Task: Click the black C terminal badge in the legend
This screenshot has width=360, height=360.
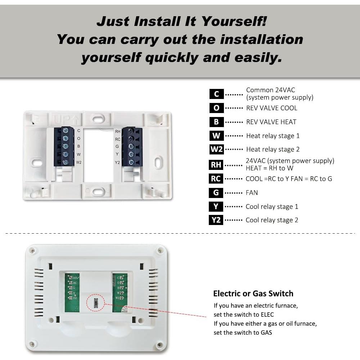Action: (x=216, y=94)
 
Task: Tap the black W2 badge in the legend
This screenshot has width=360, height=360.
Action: (x=216, y=149)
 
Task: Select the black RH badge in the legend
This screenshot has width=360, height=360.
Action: (x=216, y=165)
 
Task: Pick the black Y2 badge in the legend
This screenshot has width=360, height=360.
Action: (x=216, y=220)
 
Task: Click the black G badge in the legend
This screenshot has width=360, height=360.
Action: (x=216, y=193)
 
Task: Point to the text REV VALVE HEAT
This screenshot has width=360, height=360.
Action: (x=271, y=122)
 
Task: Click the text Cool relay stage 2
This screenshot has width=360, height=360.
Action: (x=272, y=220)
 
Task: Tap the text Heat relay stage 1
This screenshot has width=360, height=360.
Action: (x=273, y=136)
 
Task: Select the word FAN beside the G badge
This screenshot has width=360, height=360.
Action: (x=252, y=193)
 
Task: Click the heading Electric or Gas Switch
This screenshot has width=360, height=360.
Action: (x=253, y=293)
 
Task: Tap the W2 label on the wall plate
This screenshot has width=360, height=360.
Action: (x=79, y=162)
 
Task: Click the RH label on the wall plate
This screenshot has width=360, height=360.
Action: (x=118, y=131)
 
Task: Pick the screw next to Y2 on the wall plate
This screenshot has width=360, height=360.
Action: (x=131, y=162)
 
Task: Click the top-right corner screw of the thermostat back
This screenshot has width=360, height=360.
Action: (x=159, y=250)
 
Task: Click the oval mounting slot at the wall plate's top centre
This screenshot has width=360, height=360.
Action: (x=97, y=118)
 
